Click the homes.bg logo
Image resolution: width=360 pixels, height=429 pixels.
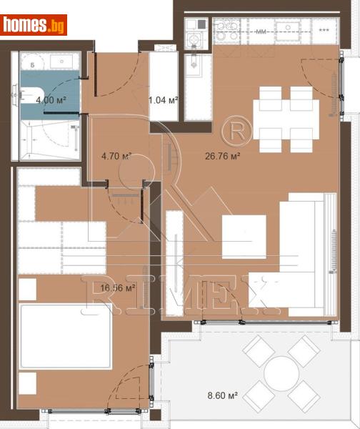click(x=34, y=25)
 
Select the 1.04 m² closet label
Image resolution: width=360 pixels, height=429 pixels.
click(x=162, y=100)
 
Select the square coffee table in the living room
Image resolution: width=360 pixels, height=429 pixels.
click(x=244, y=237)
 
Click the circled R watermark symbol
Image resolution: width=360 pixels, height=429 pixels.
click(x=232, y=132)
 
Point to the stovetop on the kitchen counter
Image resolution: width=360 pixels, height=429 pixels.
click(x=227, y=30)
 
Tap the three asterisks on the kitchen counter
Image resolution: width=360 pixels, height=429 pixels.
click(x=324, y=30)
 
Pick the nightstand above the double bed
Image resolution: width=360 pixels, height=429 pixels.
click(x=26, y=289)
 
